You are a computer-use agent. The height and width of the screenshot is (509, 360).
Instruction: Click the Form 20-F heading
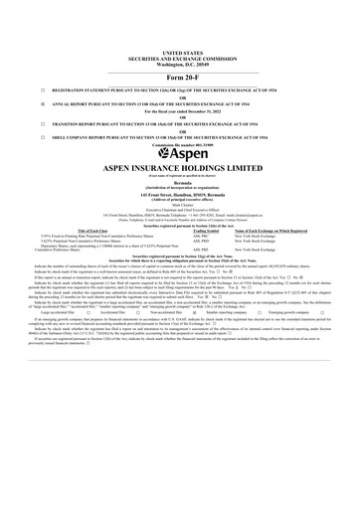point(180,76)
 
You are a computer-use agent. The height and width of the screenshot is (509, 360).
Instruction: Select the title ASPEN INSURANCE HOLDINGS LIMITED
point(180,170)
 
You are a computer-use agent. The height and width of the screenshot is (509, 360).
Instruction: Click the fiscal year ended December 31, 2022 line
point(180,111)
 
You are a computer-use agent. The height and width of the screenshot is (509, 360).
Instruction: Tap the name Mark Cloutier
point(180,209)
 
